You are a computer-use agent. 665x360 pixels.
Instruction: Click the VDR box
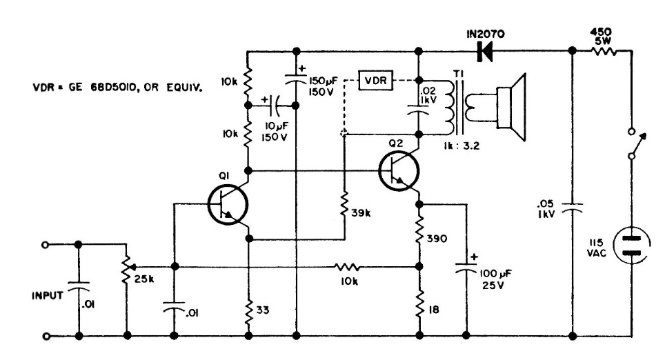[376, 81]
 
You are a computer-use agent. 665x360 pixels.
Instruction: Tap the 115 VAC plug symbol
[633, 247]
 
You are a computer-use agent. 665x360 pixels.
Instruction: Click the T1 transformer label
[457, 74]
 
